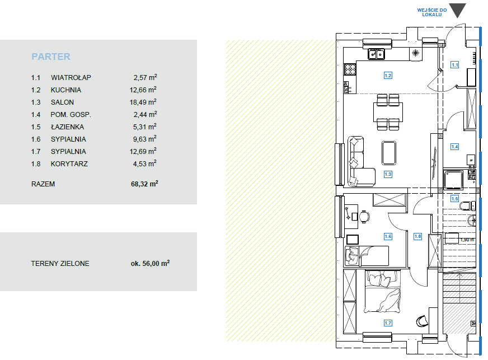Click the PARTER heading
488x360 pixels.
point(51,57)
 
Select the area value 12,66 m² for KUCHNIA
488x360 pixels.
point(143,90)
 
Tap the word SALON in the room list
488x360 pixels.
point(62,102)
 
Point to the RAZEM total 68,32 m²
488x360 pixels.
point(144,184)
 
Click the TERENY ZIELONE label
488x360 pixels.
point(60,264)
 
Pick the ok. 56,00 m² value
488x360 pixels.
point(150,263)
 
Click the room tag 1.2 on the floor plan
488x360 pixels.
point(388,76)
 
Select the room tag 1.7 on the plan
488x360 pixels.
point(388,323)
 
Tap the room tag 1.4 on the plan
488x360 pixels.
point(454,146)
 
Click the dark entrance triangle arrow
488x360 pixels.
point(458,10)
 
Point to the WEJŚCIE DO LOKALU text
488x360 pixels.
point(432,12)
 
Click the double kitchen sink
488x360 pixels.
point(376,54)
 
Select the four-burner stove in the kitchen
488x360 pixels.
point(350,69)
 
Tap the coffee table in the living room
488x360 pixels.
point(389,153)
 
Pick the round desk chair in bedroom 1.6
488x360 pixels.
point(364,217)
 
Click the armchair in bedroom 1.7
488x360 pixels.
point(422,321)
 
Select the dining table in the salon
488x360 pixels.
point(388,112)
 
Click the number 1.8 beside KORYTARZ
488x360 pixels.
point(36,164)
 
